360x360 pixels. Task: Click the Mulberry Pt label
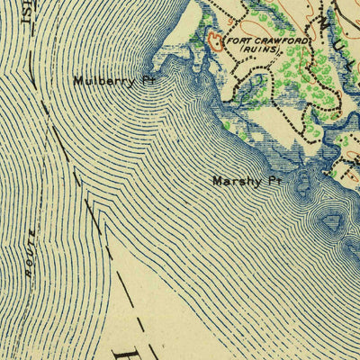tap(109, 80)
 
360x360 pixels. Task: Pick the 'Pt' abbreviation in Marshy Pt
tap(274, 181)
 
